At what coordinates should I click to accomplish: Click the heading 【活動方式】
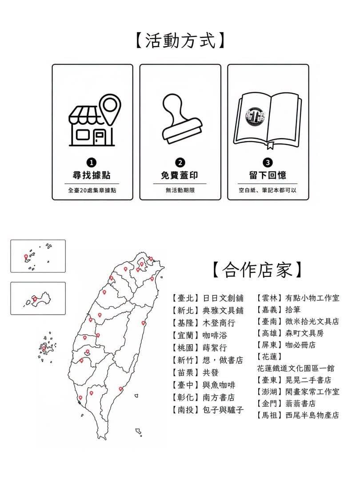tap(180, 40)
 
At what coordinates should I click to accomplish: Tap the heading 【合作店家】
tap(257, 270)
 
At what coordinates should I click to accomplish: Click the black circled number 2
tap(180, 163)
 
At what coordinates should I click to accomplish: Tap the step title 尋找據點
tap(92, 176)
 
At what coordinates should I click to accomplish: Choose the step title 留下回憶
tap(268, 176)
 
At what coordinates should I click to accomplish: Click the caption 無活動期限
tap(180, 190)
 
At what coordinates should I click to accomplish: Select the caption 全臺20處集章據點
tap(92, 190)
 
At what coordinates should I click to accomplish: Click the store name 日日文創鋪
tap(223, 298)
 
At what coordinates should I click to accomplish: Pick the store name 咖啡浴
tap(215, 335)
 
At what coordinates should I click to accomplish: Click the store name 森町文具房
tap(304, 333)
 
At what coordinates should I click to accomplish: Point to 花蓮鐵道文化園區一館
tap(296, 368)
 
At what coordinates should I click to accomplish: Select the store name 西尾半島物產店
tap(312, 416)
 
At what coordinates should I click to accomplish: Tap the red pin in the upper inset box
tap(26, 256)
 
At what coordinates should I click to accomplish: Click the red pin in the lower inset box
tap(35, 299)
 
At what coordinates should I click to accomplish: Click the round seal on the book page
tap(255, 116)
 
